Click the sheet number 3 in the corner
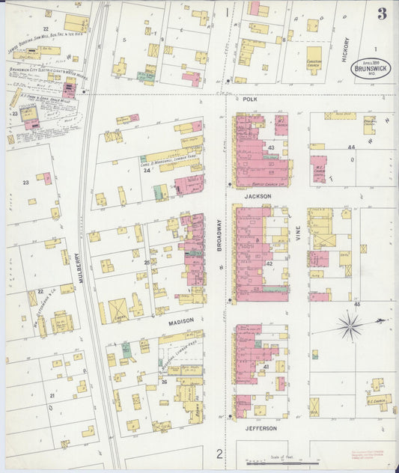pos(382,13)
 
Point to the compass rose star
pos(350,325)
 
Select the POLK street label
pos(250,99)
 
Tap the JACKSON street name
pos(256,196)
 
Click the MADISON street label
pos(180,320)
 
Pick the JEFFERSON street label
pos(261,429)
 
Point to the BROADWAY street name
pos(219,234)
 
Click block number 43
pos(271,147)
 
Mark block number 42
pos(269,263)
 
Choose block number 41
pos(266,367)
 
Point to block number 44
pos(350,147)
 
